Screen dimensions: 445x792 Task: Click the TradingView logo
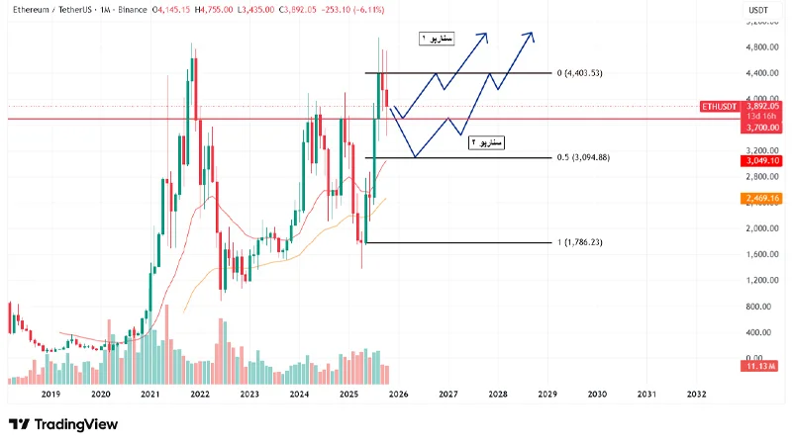point(63,424)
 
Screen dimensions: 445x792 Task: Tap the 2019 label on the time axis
point(50,394)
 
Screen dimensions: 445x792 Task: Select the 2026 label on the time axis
point(398,394)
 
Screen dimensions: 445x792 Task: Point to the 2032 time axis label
point(696,394)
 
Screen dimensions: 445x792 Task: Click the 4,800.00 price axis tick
point(759,46)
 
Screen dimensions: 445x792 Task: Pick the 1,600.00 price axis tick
point(759,254)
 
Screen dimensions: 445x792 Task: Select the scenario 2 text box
point(485,142)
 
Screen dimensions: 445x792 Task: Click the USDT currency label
point(759,9)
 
